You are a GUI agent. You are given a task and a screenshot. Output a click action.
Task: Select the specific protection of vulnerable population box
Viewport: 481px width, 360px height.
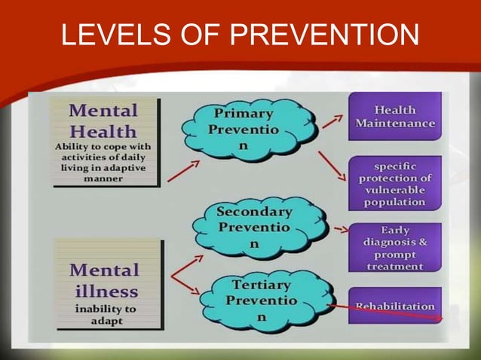pyautogui.click(x=394, y=183)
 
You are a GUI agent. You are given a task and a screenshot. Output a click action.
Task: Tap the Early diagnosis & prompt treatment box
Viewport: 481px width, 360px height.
pyautogui.click(x=394, y=247)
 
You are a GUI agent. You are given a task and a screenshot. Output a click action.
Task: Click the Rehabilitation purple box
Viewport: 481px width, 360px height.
pyautogui.click(x=394, y=306)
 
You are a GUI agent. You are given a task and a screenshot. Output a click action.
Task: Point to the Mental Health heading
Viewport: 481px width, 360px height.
pyautogui.click(x=103, y=121)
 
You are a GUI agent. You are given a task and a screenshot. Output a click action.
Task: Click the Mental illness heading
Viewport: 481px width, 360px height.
pyautogui.click(x=105, y=280)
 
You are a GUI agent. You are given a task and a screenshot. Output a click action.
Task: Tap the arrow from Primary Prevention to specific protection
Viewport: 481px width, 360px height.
pyautogui.click(x=332, y=166)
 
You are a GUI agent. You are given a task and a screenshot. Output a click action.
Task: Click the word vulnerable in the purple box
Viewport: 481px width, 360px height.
pyautogui.click(x=394, y=191)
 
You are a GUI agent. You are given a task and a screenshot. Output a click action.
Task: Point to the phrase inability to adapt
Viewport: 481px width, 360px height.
pyautogui.click(x=105, y=314)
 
